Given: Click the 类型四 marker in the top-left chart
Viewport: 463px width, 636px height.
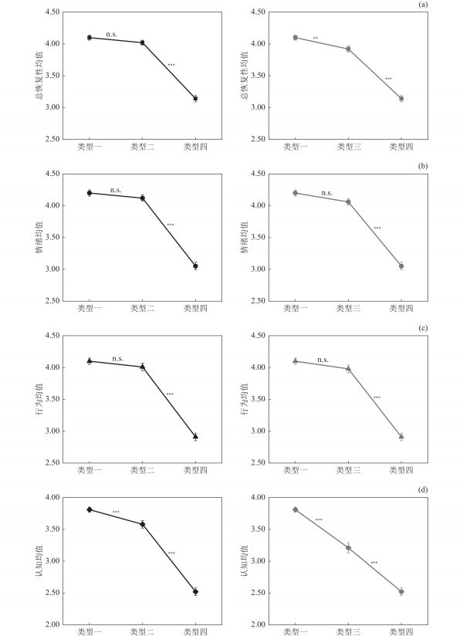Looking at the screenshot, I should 195,99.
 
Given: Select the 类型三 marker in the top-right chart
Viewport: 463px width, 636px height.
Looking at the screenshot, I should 348,49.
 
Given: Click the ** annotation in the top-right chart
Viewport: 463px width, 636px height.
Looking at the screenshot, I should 316,38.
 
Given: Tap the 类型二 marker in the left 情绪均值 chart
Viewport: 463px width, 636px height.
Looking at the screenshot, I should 142,198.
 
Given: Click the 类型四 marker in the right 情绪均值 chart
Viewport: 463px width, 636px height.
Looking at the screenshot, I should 401,266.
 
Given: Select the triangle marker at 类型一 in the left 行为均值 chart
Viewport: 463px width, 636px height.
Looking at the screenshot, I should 90,360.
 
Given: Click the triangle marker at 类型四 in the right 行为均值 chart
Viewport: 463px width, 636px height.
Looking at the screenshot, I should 401,436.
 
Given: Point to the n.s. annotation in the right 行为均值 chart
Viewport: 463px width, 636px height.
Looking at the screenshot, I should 323,359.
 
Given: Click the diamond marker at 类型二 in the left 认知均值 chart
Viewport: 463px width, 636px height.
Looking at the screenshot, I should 142,524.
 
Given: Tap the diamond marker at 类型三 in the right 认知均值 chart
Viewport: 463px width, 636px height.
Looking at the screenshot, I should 348,548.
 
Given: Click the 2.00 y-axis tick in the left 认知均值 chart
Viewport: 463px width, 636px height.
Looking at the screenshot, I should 53,624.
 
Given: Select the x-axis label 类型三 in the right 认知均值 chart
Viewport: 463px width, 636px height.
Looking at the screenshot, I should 348,632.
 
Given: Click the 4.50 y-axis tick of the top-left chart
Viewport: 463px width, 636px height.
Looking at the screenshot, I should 53,12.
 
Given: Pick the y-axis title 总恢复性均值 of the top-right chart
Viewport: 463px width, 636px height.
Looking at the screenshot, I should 243,76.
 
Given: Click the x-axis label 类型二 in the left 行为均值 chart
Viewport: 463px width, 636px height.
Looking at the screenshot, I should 142,470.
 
